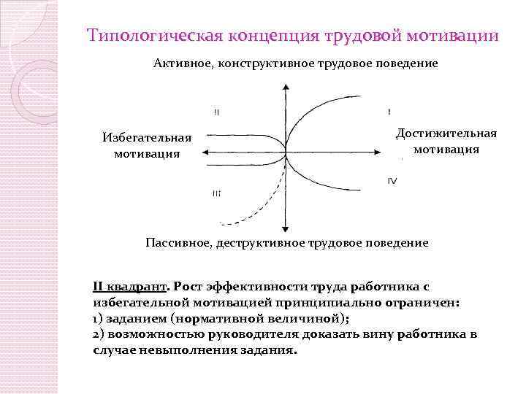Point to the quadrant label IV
pyautogui.click(x=392, y=181)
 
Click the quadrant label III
pyautogui.click(x=217, y=193)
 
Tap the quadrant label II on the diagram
pyautogui.click(x=217, y=112)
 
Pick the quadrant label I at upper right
pyautogui.click(x=389, y=111)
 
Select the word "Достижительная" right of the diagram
pyautogui.click(x=446, y=133)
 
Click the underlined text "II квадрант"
pyautogui.click(x=131, y=287)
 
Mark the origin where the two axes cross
pyautogui.click(x=285, y=152)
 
